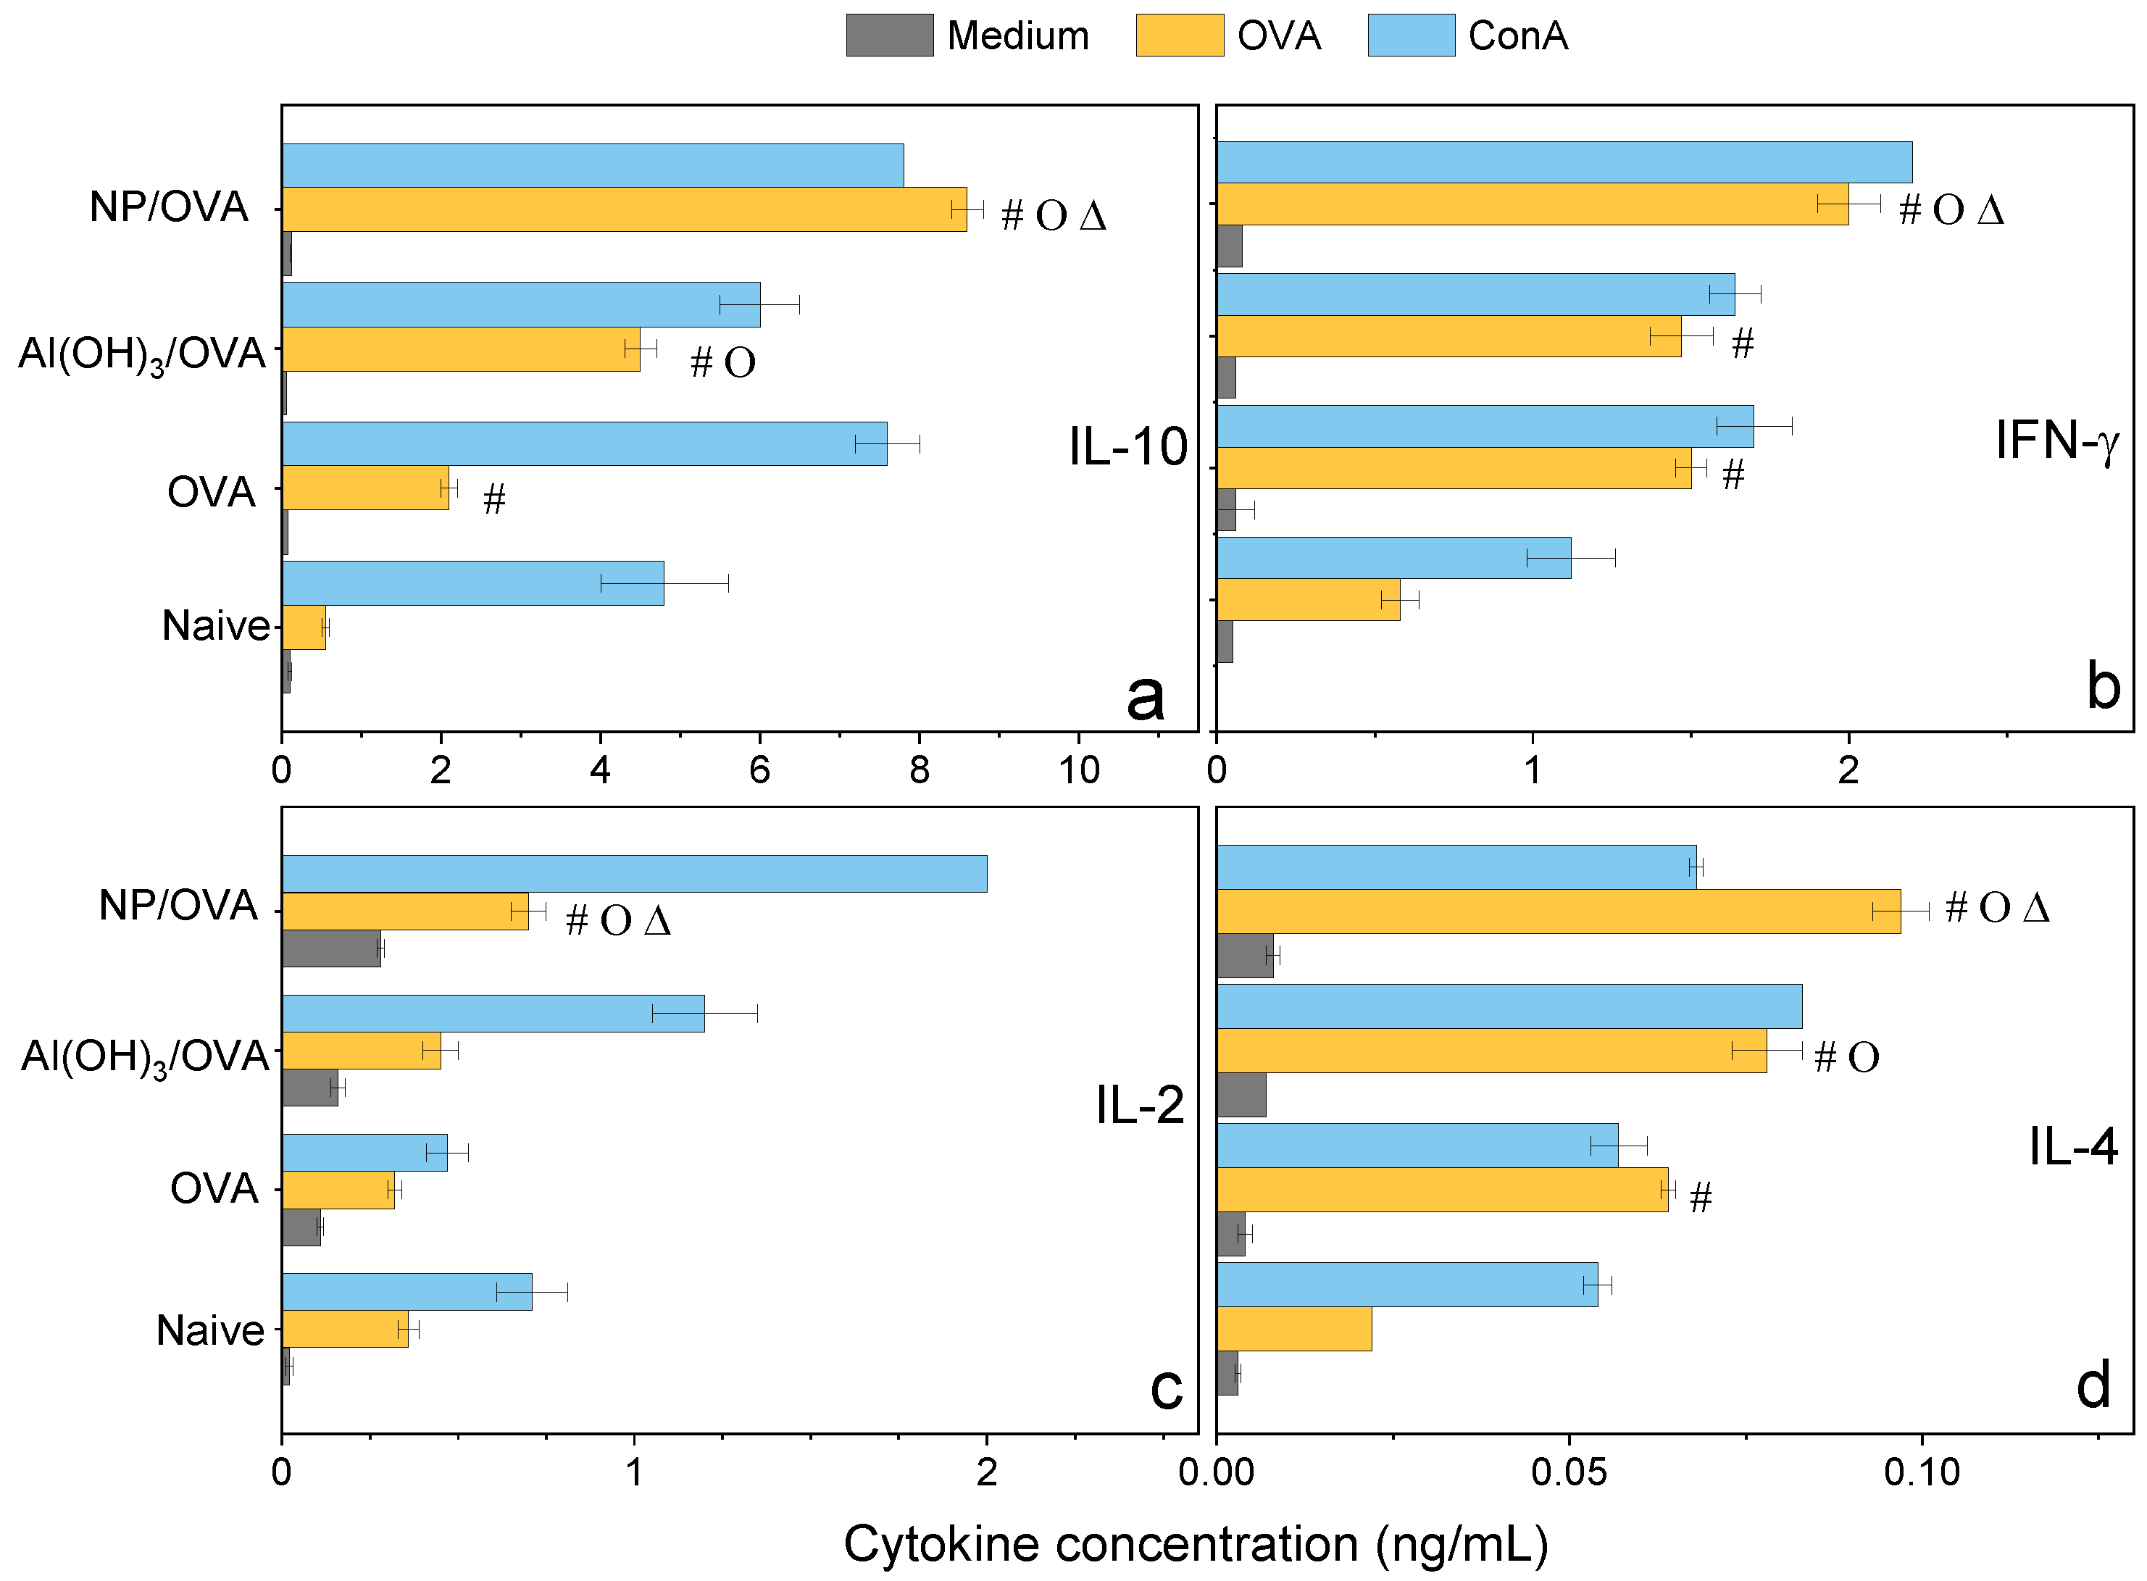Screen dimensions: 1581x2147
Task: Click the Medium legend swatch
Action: (x=889, y=36)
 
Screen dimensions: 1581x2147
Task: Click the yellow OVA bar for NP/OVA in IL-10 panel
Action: (x=622, y=209)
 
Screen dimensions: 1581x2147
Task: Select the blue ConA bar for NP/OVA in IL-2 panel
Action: (x=634, y=874)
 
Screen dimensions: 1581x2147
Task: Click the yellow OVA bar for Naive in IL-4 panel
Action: (x=1293, y=1328)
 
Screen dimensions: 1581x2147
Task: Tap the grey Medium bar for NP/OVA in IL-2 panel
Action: (x=330, y=948)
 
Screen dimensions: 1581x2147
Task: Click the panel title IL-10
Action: (x=1127, y=447)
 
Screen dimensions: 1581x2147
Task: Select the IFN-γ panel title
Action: (x=2056, y=441)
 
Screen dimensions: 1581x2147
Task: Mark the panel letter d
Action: (x=2093, y=1385)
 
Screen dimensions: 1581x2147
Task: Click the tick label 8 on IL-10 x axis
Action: (x=919, y=769)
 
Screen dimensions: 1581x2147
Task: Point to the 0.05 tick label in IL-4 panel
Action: (x=1568, y=1472)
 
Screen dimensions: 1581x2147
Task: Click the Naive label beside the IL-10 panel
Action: (x=215, y=626)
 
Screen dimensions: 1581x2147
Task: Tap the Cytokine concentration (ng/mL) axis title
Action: (x=1196, y=1543)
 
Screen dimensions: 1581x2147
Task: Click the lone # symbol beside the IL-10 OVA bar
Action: (x=494, y=499)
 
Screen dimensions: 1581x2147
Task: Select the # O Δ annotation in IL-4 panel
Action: (x=1997, y=907)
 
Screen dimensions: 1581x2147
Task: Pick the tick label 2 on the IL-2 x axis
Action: (x=987, y=1472)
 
